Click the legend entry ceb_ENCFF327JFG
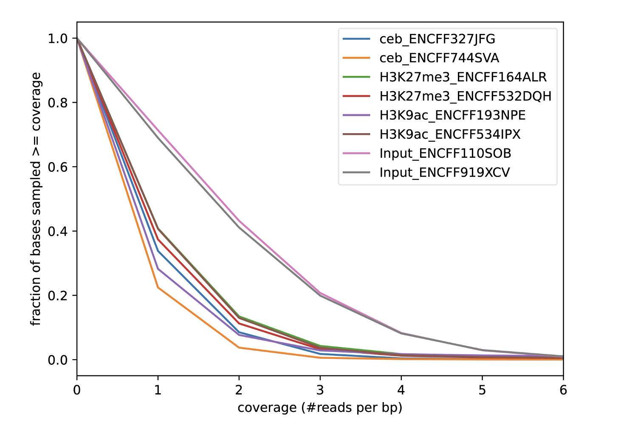click(x=437, y=39)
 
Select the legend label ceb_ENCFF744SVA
click(x=439, y=58)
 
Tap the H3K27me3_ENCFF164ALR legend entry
click(x=463, y=77)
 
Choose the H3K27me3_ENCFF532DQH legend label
click(x=465, y=96)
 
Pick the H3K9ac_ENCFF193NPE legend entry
click(x=452, y=115)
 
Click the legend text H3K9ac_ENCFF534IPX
click(x=450, y=134)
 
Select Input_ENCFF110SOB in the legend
click(x=445, y=154)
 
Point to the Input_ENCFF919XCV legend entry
click(x=445, y=173)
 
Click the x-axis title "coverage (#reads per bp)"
click(x=320, y=408)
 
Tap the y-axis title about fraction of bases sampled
click(x=37, y=199)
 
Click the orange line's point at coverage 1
click(x=158, y=288)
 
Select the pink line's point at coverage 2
click(x=239, y=221)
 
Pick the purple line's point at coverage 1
click(x=158, y=269)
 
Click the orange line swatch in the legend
click(x=356, y=58)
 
